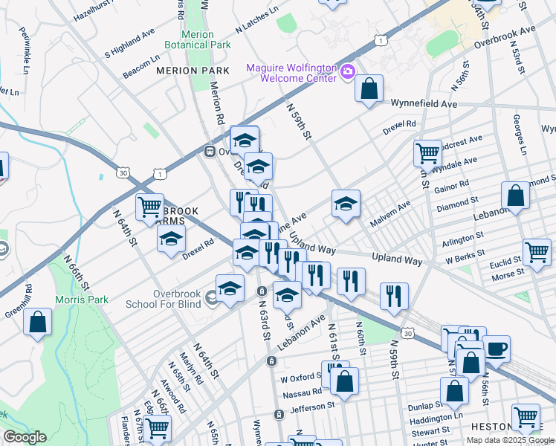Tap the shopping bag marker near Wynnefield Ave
click(x=369, y=90)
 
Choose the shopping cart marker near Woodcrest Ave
click(x=427, y=153)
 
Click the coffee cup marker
click(x=496, y=347)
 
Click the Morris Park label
click(x=81, y=300)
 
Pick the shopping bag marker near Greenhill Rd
click(x=37, y=323)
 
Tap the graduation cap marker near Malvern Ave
click(x=346, y=204)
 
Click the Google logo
click(x=25, y=437)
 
